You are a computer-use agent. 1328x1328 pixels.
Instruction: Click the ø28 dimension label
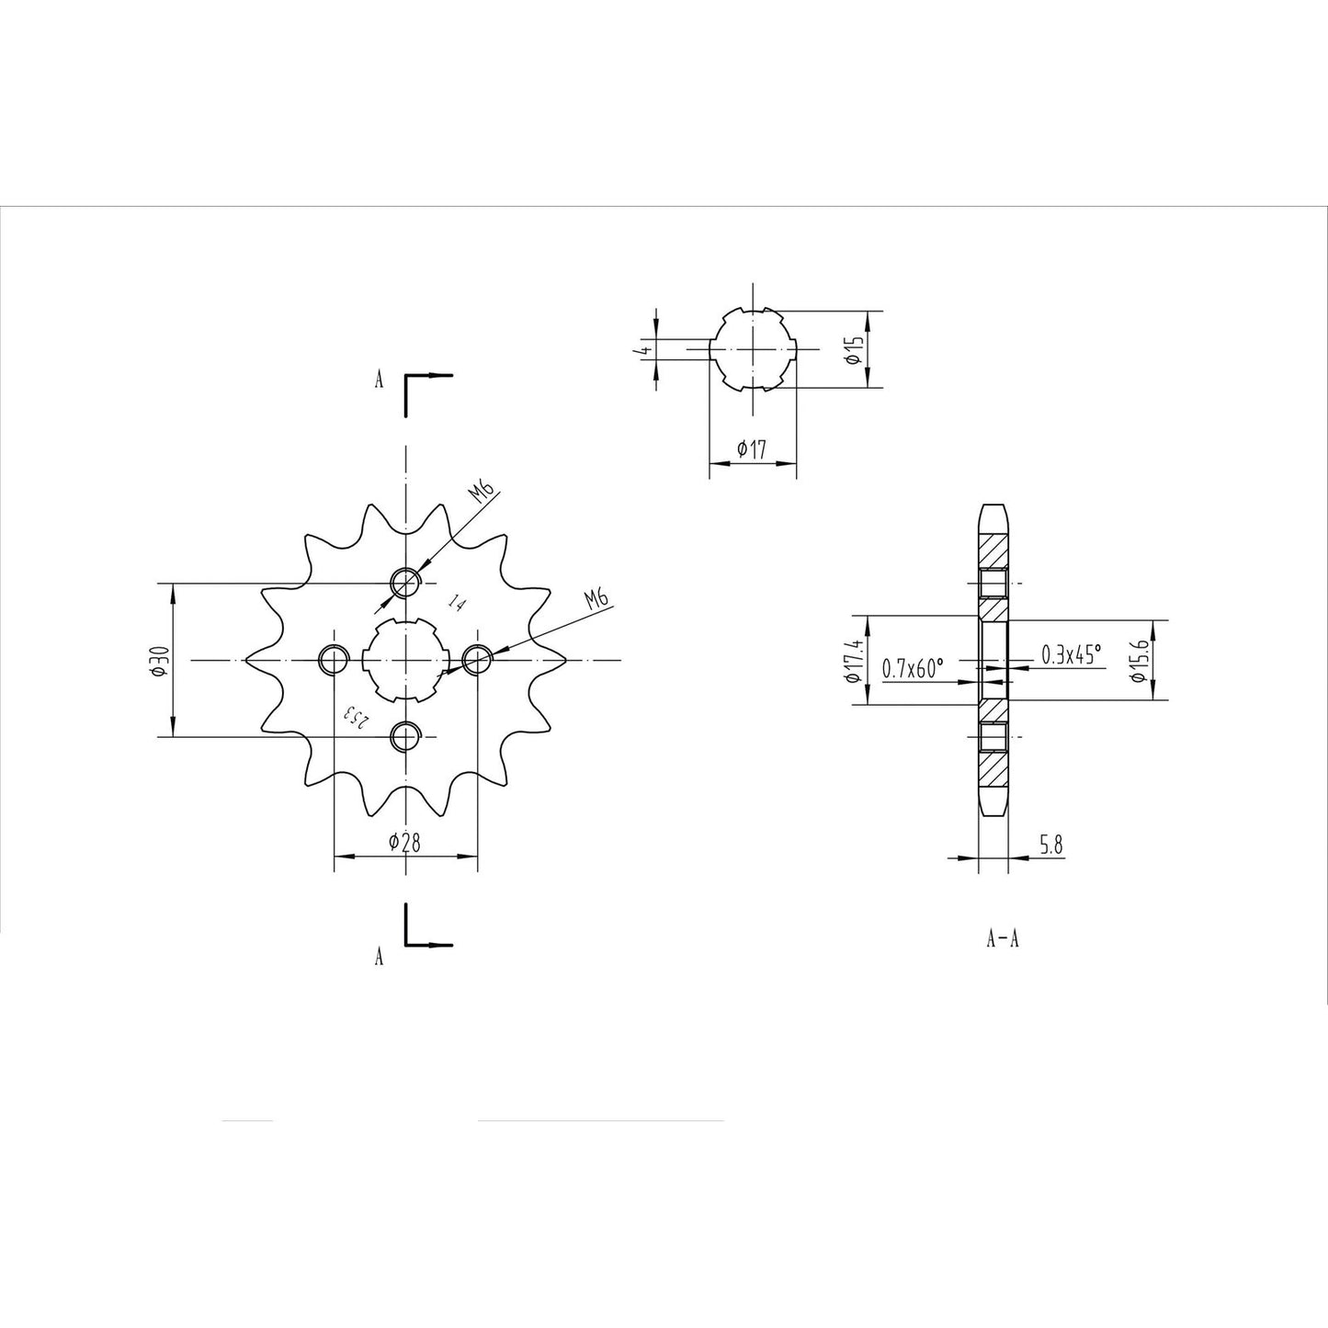pyautogui.click(x=404, y=842)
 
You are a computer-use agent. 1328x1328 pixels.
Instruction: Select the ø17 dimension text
pyautogui.click(x=752, y=449)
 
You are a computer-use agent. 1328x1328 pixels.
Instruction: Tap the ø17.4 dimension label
pyautogui.click(x=854, y=661)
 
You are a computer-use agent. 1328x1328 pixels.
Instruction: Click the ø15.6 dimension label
pyautogui.click(x=1139, y=661)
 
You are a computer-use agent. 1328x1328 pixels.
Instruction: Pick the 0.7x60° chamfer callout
pyautogui.click(x=913, y=668)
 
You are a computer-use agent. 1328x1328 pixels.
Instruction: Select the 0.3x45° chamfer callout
pyautogui.click(x=1071, y=653)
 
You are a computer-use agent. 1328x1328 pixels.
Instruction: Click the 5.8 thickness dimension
pyautogui.click(x=1051, y=846)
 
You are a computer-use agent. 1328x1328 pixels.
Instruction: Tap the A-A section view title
pyautogui.click(x=1003, y=939)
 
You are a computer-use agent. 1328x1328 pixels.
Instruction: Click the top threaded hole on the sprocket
pyautogui.click(x=405, y=582)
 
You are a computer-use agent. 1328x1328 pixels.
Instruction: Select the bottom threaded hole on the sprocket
pyautogui.click(x=405, y=736)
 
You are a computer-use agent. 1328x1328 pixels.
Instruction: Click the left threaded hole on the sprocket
pyautogui.click(x=333, y=659)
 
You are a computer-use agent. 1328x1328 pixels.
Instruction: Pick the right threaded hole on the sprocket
pyautogui.click(x=477, y=659)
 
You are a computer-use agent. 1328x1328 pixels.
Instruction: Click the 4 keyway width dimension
pyautogui.click(x=646, y=350)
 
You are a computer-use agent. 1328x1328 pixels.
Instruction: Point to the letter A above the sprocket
pyautogui.click(x=378, y=380)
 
